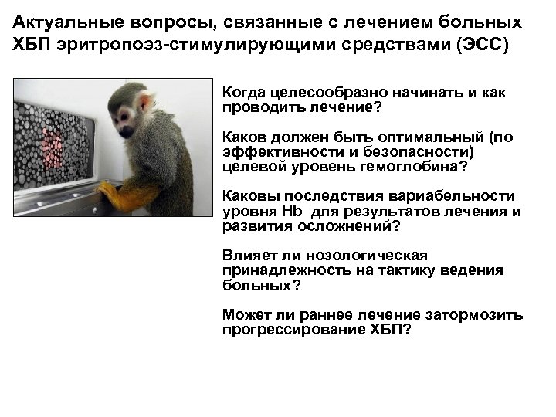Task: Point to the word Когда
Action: click(243, 93)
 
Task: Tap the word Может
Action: click(243, 314)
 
